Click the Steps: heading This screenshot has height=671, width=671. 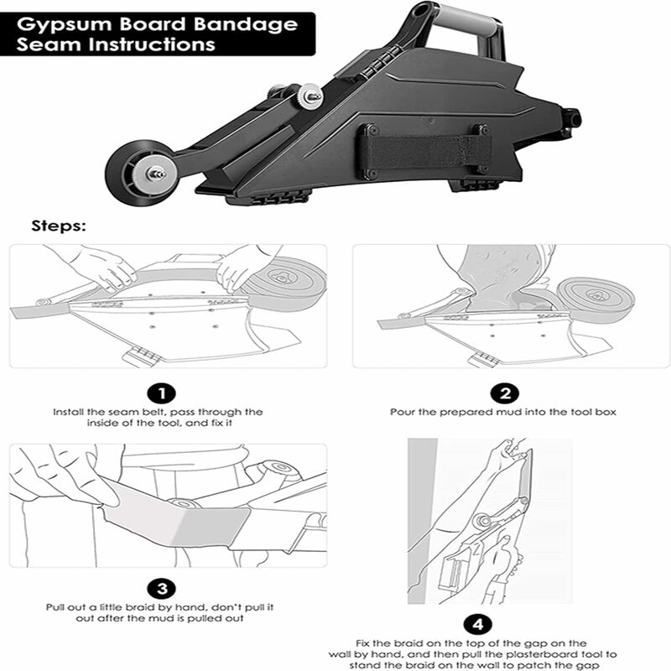coord(58,226)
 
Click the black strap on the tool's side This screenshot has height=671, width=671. coord(424,152)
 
